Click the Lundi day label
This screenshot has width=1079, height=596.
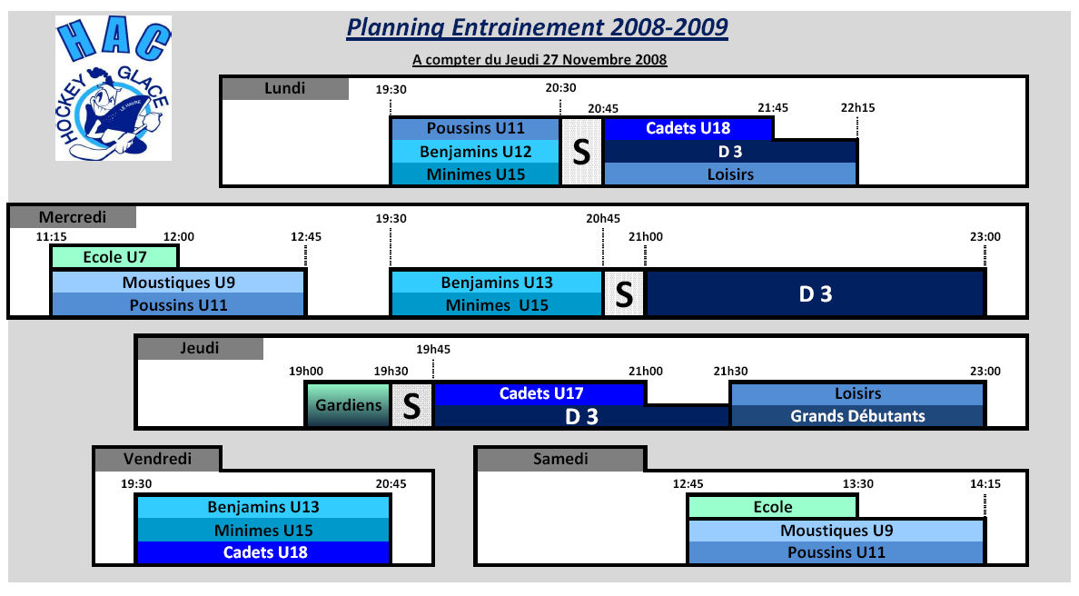tap(285, 89)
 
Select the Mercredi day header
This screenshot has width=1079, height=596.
tap(73, 217)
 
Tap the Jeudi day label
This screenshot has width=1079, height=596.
tap(200, 348)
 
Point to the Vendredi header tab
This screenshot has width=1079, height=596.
tap(158, 459)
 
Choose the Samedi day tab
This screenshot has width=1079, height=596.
tap(560, 459)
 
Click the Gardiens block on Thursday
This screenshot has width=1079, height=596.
tap(348, 404)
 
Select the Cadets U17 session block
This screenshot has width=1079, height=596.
tap(540, 393)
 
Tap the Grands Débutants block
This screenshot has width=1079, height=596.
tap(857, 416)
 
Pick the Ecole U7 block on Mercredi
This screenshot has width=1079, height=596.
tap(115, 257)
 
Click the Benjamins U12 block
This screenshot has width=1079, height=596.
tap(476, 152)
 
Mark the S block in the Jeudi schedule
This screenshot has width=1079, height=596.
tap(411, 405)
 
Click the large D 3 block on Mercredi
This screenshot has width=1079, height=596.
tap(816, 293)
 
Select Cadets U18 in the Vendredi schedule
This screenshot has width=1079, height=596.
tap(264, 552)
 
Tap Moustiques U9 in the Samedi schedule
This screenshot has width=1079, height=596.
tap(836, 531)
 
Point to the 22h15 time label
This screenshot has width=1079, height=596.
tap(857, 108)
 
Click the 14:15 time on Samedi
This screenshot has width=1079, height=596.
tap(985, 484)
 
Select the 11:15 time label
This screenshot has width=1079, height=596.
tap(52, 237)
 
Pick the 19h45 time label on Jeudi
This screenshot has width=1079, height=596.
tap(433, 350)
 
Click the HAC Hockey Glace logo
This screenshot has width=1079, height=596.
tap(114, 89)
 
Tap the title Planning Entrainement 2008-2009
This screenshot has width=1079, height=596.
tap(537, 27)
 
